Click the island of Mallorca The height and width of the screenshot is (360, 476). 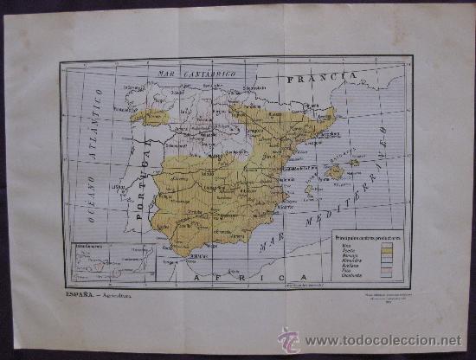(x=335, y=172)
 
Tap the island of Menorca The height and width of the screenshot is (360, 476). (x=355, y=163)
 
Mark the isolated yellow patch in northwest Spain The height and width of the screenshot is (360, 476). (x=150, y=114)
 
